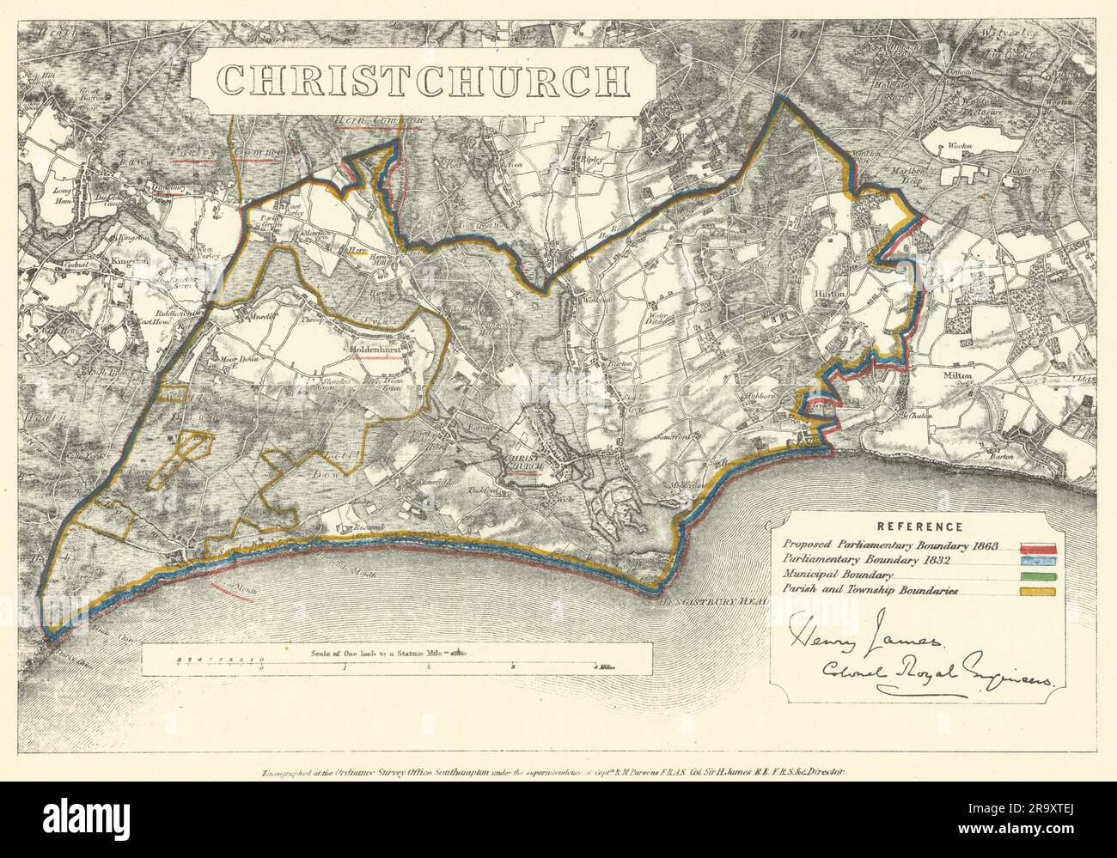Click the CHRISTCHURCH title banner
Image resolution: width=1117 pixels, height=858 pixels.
tap(422, 79)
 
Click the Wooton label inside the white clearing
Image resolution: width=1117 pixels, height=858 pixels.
tap(959, 147)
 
